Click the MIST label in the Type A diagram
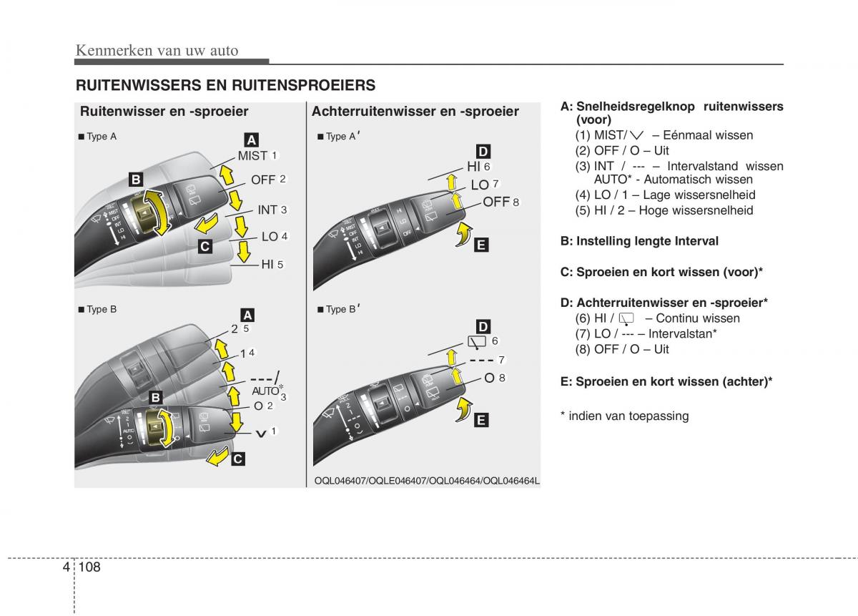(253, 155)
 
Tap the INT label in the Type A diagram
(267, 210)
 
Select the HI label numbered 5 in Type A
(267, 264)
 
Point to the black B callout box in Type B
(156, 397)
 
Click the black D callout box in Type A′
(483, 151)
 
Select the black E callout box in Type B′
(480, 420)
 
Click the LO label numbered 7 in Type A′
(480, 185)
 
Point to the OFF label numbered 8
(496, 202)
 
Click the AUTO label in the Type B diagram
(265, 391)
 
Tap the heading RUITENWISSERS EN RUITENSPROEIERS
(225, 85)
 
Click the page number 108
(91, 567)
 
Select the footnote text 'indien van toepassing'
(628, 416)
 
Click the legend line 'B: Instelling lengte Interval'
(639, 241)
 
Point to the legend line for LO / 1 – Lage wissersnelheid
(665, 195)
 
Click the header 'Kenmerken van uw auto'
(157, 50)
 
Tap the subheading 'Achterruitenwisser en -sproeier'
(415, 111)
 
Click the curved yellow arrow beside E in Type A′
(464, 233)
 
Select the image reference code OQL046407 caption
(427, 481)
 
